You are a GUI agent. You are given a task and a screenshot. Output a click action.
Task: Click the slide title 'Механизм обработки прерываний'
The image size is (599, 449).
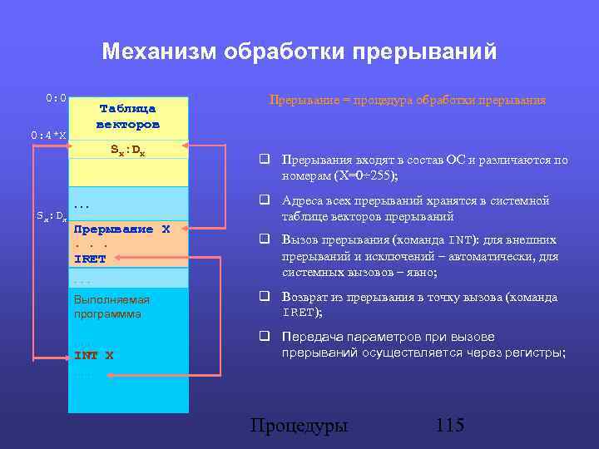pyautogui.click(x=299, y=52)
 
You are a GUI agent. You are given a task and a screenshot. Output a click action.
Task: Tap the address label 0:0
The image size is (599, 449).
pyautogui.click(x=57, y=98)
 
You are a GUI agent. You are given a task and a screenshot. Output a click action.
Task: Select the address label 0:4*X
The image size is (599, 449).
pyautogui.click(x=49, y=135)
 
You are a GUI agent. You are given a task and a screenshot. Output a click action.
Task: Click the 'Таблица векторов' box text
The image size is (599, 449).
pyautogui.click(x=127, y=116)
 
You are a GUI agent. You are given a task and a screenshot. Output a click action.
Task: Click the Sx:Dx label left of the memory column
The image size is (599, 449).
pyautogui.click(x=52, y=216)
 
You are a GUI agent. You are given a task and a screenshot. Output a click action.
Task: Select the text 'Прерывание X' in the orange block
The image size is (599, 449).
pyautogui.click(x=121, y=229)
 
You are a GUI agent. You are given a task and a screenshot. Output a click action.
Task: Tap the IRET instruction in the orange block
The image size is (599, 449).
pyautogui.click(x=90, y=259)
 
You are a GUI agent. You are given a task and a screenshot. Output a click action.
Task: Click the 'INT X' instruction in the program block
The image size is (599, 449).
pyautogui.click(x=94, y=355)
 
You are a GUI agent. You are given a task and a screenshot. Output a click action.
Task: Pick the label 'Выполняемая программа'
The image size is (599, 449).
pyautogui.click(x=111, y=307)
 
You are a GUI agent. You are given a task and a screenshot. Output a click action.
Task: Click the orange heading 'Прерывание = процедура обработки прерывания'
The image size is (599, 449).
pyautogui.click(x=408, y=100)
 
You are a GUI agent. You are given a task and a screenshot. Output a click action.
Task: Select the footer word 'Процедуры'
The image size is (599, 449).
pyautogui.click(x=299, y=426)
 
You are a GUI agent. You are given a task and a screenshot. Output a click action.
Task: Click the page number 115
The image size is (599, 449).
pyautogui.click(x=449, y=426)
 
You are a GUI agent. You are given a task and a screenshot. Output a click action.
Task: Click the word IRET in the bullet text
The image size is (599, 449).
pyautogui.click(x=297, y=313)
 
